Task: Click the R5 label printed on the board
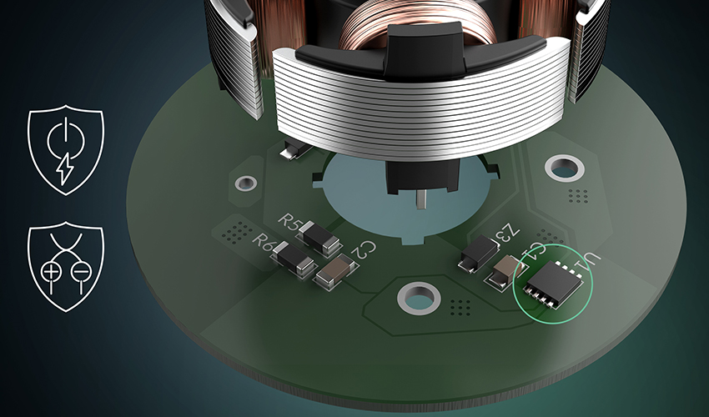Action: point(288,220)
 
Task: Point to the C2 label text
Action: point(365,249)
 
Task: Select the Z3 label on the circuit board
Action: point(506,232)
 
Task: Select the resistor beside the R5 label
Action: point(319,237)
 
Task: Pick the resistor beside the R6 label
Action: point(293,259)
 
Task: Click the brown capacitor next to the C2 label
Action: point(335,271)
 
